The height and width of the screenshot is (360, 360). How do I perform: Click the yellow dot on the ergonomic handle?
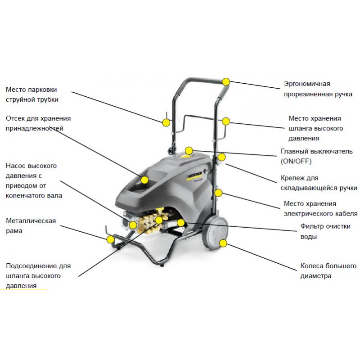[226, 81]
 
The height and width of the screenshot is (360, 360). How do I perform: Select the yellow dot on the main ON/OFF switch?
[189, 150]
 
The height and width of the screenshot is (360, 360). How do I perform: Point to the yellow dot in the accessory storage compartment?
[144, 180]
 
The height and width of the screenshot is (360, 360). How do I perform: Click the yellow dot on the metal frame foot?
[110, 239]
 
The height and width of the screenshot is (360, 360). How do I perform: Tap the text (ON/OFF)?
[296, 161]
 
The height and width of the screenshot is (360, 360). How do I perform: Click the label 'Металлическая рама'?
[31, 225]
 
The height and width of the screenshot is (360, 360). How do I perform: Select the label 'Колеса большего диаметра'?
[328, 270]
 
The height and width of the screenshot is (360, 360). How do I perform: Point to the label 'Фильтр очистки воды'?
[325, 231]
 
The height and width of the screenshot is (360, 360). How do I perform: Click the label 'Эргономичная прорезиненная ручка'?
[318, 89]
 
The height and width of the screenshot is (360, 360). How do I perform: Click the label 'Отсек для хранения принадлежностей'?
[38, 123]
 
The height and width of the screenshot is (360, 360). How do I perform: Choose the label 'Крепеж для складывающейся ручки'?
[319, 183]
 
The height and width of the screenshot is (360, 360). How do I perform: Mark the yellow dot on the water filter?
[180, 222]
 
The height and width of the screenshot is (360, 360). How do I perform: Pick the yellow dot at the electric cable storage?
[218, 193]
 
